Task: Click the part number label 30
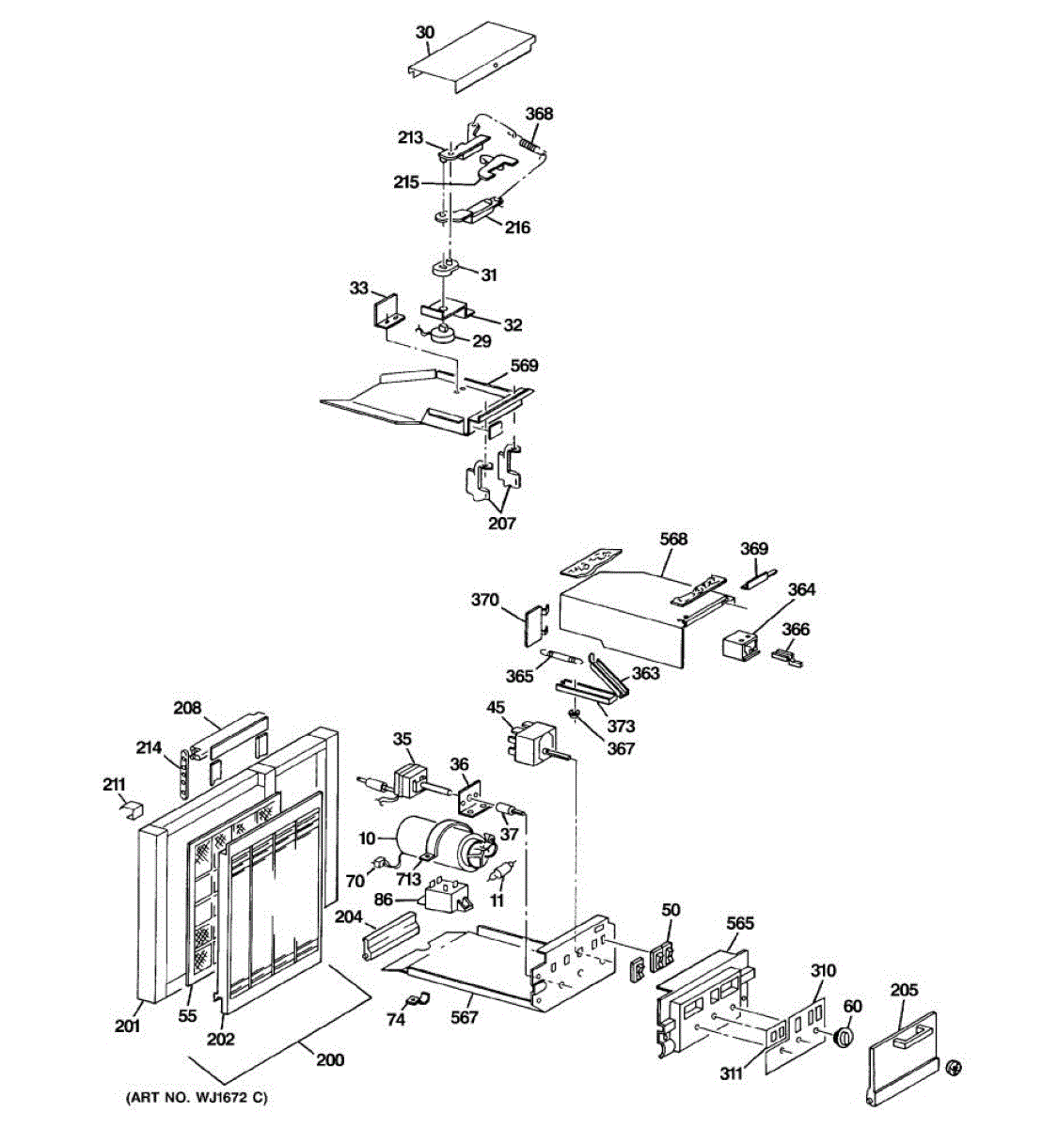[x=424, y=32]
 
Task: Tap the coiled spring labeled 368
[x=531, y=146]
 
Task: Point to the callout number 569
[x=524, y=366]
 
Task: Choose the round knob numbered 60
[x=845, y=1037]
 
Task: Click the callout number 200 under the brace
[x=329, y=1059]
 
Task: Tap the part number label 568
[x=673, y=539]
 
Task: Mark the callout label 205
[x=904, y=990]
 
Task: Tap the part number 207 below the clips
[x=501, y=524]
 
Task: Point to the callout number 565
[x=740, y=924]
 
